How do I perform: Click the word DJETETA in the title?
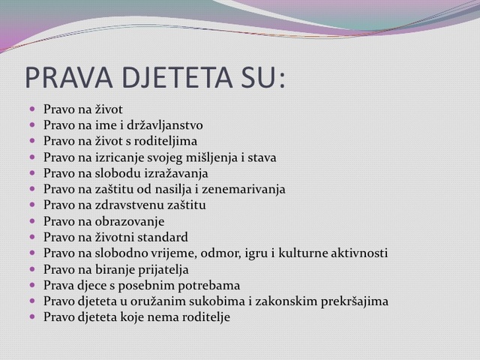177,77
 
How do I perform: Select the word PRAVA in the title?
69,77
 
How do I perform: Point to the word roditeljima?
166,141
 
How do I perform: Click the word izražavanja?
178,173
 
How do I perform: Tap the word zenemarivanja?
244,190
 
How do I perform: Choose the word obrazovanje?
130,222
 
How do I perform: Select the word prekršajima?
355,301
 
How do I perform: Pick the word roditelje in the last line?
206,317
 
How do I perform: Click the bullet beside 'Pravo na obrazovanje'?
32,220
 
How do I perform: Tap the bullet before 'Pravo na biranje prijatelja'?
32,268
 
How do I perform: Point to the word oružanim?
158,301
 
